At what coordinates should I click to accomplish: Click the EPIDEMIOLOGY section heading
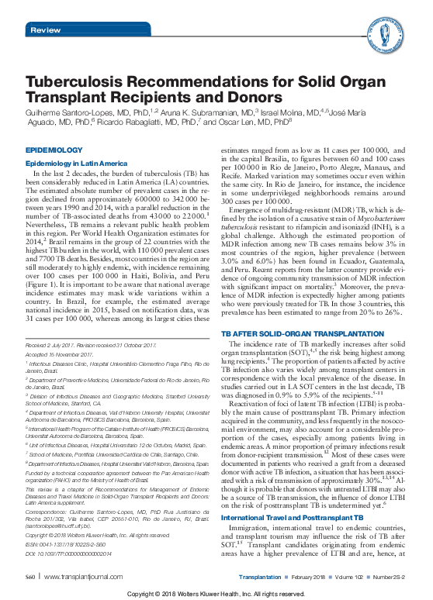coord(50,149)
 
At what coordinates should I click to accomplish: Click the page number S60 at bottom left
coord(32,578)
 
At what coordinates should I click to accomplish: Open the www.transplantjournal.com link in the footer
coord(77,578)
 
